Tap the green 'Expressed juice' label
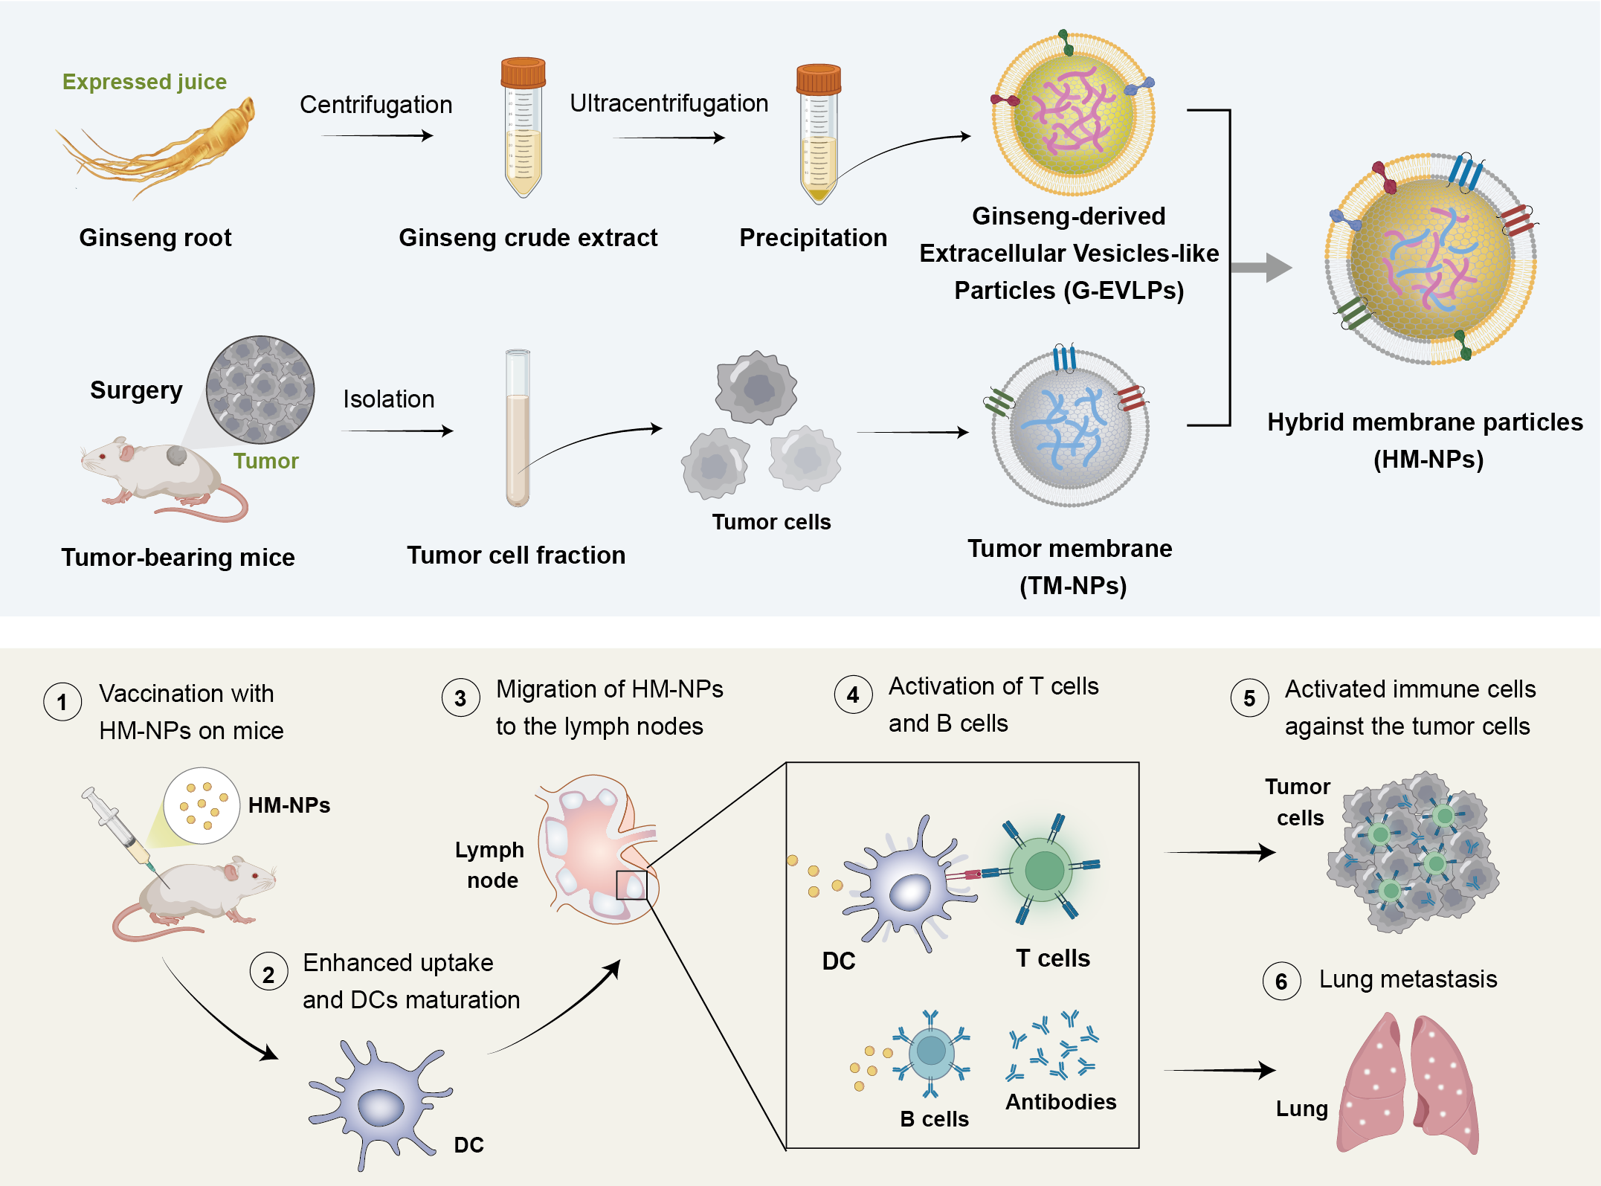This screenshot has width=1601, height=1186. pos(144,82)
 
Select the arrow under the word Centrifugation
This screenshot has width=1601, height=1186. pos(377,136)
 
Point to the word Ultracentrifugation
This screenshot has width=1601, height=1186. pos(669,103)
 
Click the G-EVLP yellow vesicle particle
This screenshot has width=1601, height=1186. pos(1072,114)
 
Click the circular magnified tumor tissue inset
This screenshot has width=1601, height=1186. pos(260,390)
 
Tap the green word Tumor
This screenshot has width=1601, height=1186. pos(265,461)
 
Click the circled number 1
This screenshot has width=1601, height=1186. pos(62,702)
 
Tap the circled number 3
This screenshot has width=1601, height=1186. pos(460,698)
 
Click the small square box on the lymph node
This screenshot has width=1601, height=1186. pos(631,885)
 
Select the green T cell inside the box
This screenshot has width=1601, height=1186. pos(1044,870)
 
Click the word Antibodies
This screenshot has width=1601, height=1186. pos(1060,1102)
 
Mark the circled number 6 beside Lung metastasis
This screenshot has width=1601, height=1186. pos(1281,982)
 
